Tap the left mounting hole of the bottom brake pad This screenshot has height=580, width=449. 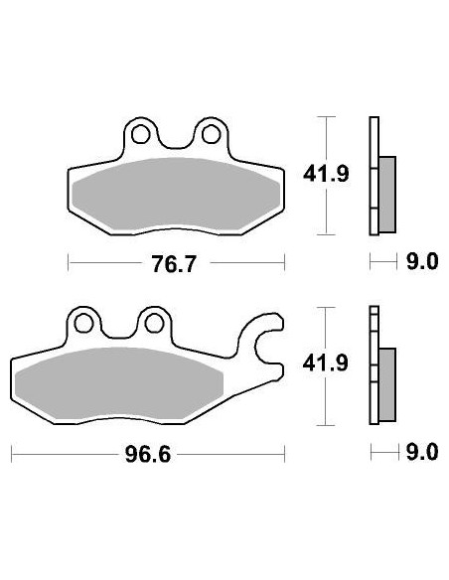84,322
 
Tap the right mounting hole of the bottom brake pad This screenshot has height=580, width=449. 153,322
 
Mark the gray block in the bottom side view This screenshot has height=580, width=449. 386,381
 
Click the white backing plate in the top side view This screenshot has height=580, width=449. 374,139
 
